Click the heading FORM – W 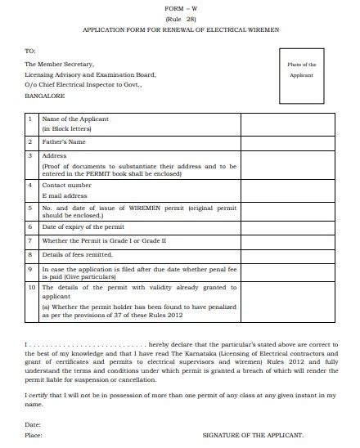[180, 7]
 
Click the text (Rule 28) [180, 17]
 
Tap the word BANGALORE [46, 95]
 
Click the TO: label [30, 50]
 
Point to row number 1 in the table [30, 119]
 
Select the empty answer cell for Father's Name [286, 141]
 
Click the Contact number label [67, 186]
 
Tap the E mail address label [65, 196]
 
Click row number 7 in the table [30, 240]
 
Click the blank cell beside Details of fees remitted [286, 254]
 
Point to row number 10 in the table [31, 287]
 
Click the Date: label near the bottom [33, 424]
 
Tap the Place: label [34, 436]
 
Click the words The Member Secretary [59, 63]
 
